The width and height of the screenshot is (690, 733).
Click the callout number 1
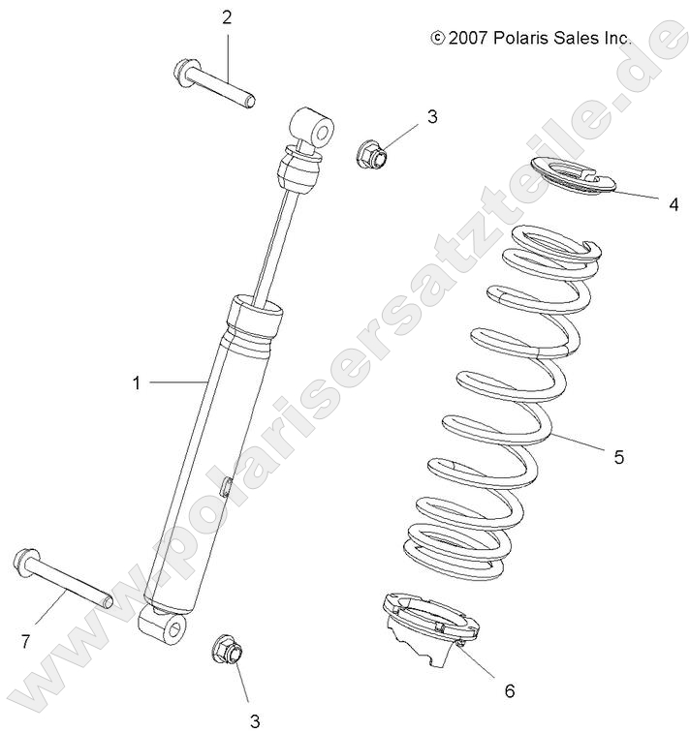[x=137, y=383]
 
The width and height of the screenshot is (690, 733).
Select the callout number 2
[x=227, y=16]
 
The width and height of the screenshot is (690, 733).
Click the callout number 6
[x=509, y=690]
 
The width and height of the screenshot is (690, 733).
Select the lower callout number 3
[x=254, y=719]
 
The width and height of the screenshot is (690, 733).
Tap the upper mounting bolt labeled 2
[x=214, y=84]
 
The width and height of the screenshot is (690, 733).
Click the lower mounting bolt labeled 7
[x=62, y=581]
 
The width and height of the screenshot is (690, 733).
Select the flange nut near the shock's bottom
[x=225, y=648]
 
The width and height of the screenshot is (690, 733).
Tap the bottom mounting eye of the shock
[x=171, y=630]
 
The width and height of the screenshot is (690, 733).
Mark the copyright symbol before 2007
[x=437, y=39]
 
